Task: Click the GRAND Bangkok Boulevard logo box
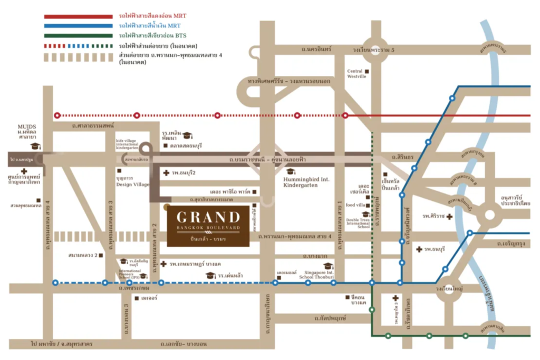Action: pyautogui.click(x=208, y=226)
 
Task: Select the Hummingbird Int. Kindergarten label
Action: pyautogui.click(x=306, y=182)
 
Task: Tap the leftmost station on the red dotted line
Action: pyautogui.click(x=57, y=115)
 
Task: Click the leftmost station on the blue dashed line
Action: pyautogui.click(x=55, y=283)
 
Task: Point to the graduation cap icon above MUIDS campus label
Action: pyautogui.click(x=35, y=146)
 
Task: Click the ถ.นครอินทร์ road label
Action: pyautogui.click(x=316, y=48)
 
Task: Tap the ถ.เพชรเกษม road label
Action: pyautogui.click(x=137, y=289)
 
